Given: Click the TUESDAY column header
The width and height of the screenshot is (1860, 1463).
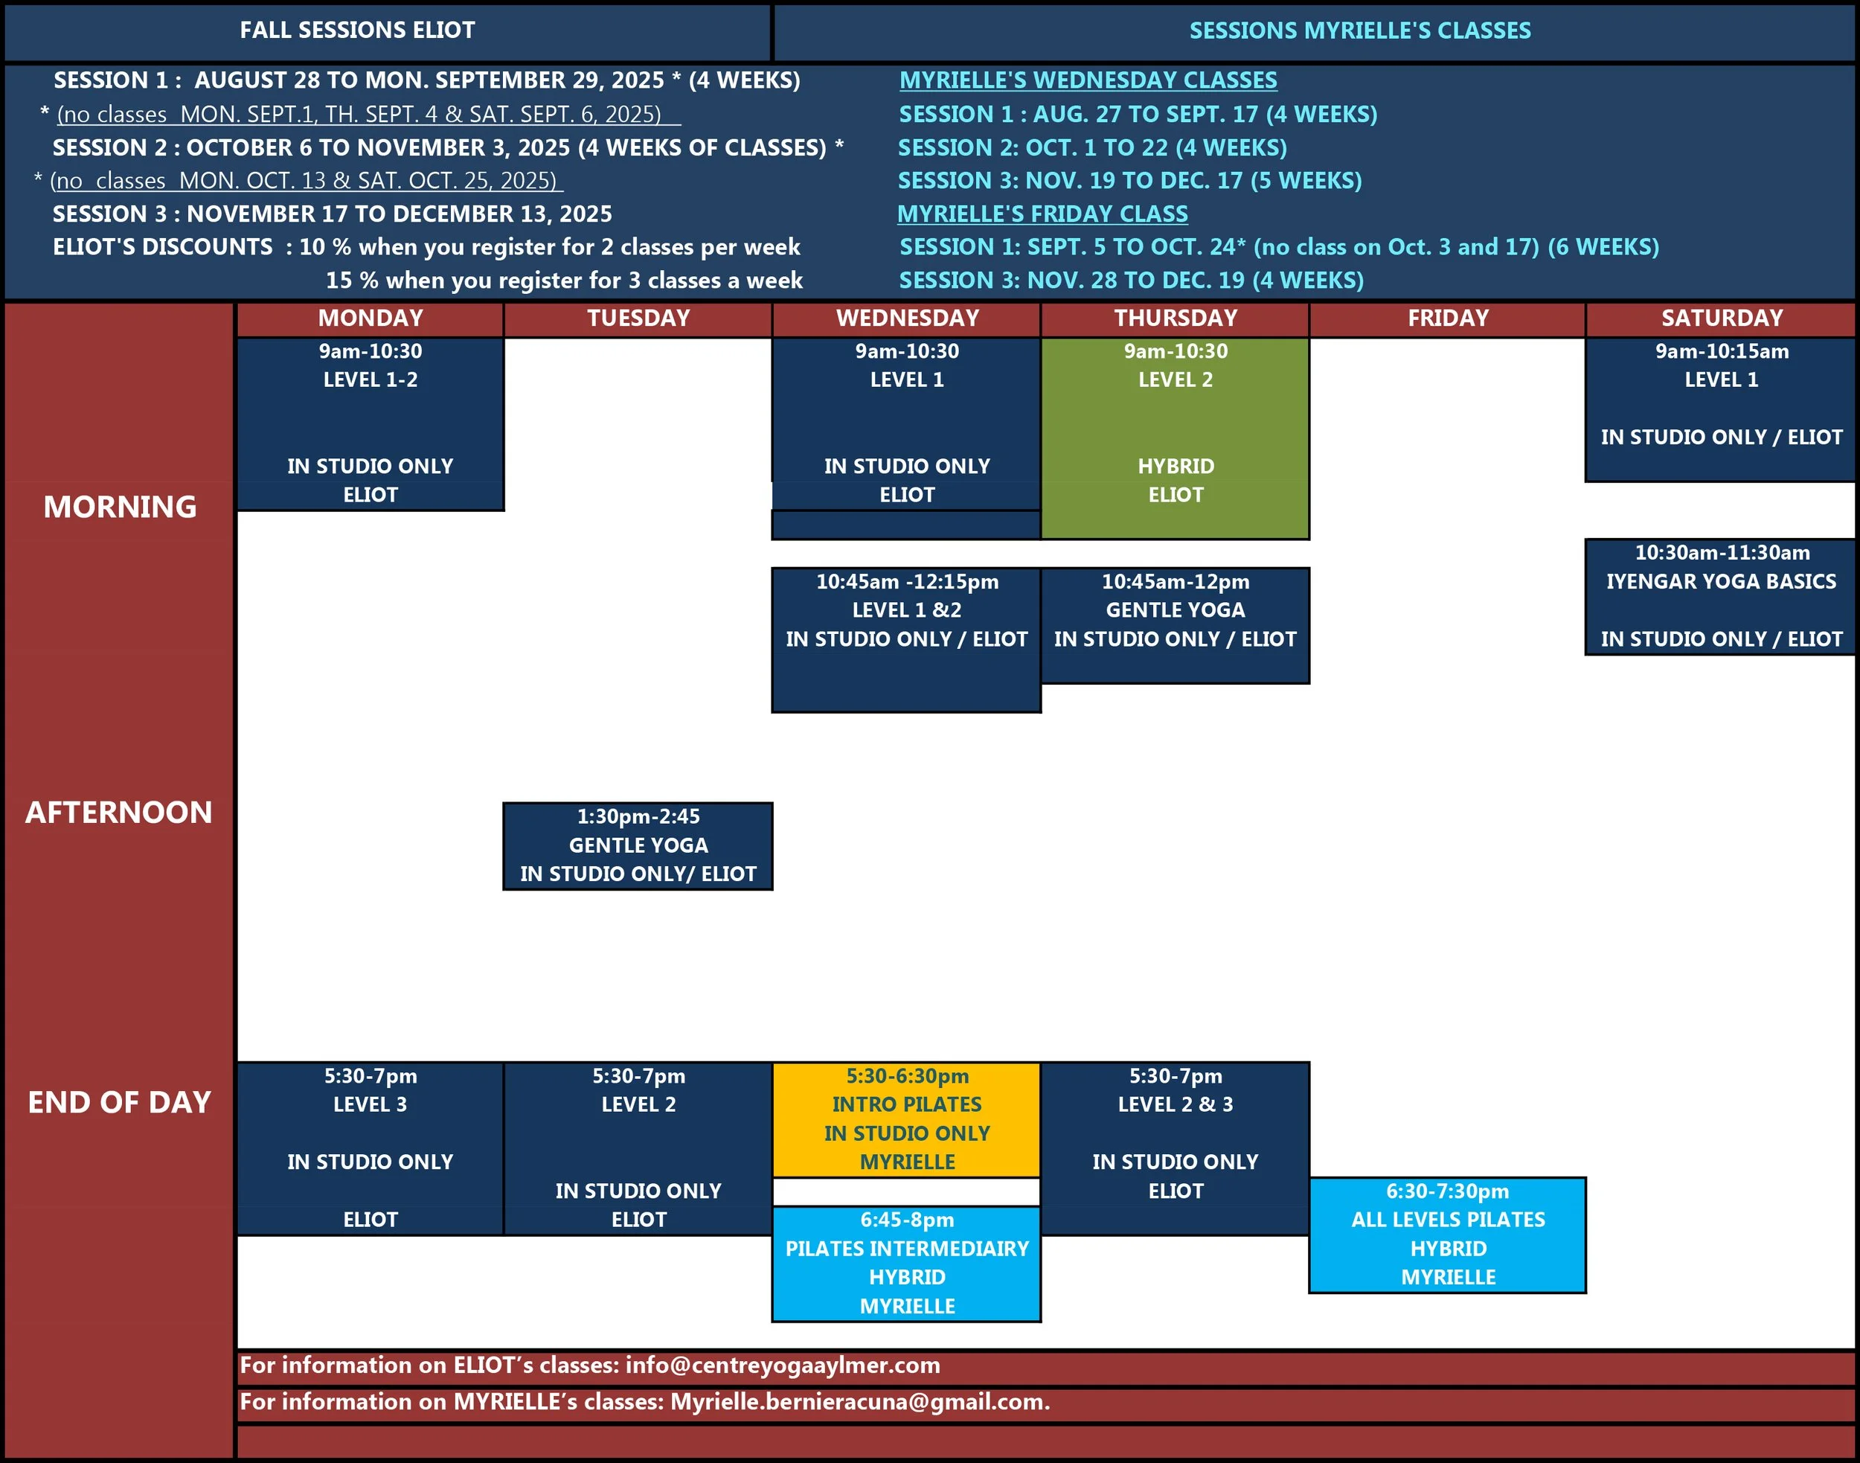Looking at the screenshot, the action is click(x=638, y=318).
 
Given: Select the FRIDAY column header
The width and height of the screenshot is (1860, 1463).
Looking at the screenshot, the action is click(x=1447, y=318).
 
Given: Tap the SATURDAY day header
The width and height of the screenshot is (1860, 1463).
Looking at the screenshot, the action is click(x=1722, y=318).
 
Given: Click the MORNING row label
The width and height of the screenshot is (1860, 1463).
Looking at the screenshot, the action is click(x=120, y=507).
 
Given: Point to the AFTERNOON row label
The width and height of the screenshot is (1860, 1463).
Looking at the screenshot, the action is click(x=118, y=812).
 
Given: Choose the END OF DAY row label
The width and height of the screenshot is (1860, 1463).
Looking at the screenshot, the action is click(x=119, y=1102).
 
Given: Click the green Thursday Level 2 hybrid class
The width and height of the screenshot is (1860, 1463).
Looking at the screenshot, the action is click(x=1175, y=437).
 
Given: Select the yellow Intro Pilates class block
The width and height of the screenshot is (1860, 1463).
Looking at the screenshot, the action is click(x=906, y=1118).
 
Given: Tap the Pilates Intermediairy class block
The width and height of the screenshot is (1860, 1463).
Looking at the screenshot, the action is click(x=906, y=1264).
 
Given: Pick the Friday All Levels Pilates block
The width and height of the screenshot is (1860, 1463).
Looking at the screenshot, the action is click(x=1447, y=1235).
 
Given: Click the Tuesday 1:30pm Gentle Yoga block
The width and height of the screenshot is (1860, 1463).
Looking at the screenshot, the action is click(x=638, y=845).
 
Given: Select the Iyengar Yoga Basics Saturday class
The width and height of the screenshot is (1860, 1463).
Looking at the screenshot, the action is click(x=1720, y=596).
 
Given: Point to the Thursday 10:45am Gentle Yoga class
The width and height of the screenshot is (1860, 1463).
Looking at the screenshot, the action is click(x=1175, y=624).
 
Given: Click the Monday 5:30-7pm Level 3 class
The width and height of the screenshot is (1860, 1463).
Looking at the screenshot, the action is click(x=370, y=1147).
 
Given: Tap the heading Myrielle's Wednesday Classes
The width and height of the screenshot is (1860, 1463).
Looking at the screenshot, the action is click(x=1088, y=80).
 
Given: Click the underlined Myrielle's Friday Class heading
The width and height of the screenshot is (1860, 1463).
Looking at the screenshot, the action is click(x=1042, y=214).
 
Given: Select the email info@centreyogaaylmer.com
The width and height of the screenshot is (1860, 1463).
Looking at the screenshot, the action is click(x=783, y=1366).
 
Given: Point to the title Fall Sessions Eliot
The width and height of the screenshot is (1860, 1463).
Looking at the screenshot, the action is click(x=357, y=31).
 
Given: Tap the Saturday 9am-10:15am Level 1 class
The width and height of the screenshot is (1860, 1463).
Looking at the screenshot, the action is click(x=1720, y=409).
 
